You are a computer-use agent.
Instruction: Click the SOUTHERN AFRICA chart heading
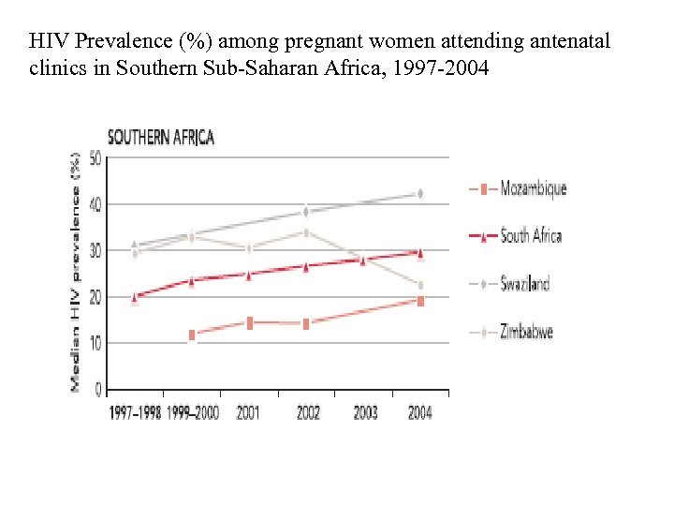point(161,138)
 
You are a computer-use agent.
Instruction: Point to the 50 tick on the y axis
point(95,158)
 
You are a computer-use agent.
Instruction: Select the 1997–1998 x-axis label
point(135,412)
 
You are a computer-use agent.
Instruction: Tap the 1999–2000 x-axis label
point(193,412)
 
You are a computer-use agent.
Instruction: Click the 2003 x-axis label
point(365,412)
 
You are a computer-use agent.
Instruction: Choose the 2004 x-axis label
point(420,412)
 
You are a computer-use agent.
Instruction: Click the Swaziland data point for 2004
point(420,194)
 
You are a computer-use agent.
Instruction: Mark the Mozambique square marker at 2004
point(420,301)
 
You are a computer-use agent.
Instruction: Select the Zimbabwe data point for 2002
point(306,232)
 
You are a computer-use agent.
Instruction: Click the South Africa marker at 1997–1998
point(134,297)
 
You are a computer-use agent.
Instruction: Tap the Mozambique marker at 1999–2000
point(192,335)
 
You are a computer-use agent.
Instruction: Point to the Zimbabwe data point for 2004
point(420,285)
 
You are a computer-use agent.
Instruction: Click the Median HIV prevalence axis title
point(75,272)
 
